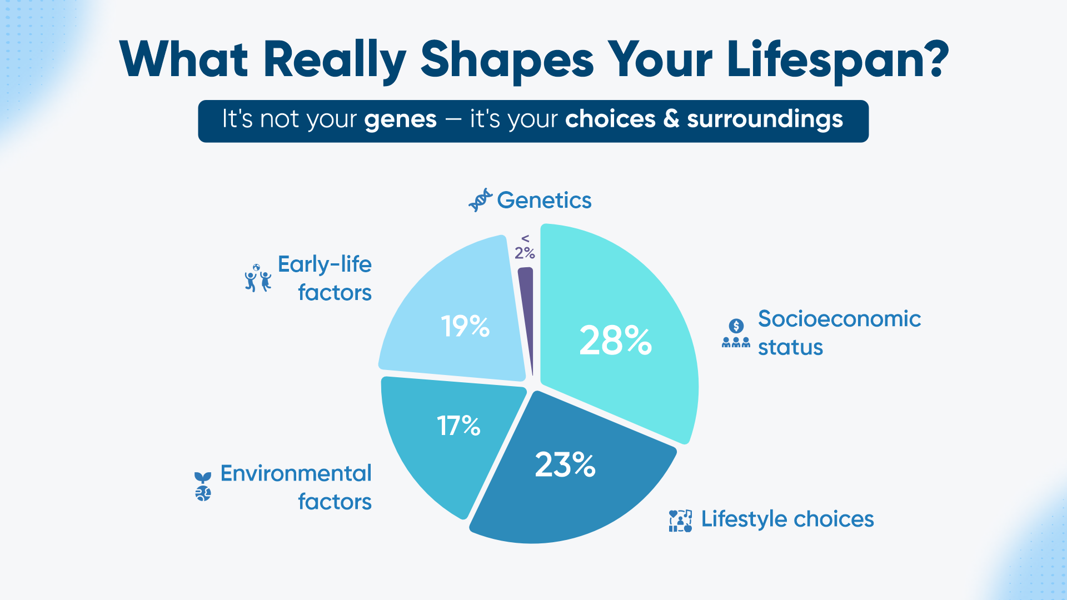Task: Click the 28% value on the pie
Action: [615, 340]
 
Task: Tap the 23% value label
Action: [565, 464]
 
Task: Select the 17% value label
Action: [458, 426]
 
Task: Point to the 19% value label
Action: [465, 326]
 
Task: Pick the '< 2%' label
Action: [525, 247]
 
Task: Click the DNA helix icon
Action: [480, 200]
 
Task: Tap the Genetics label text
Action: [544, 200]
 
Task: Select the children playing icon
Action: [258, 278]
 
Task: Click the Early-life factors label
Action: [325, 278]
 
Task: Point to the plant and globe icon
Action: [203, 487]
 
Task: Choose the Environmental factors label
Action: [296, 487]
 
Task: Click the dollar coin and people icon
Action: [736, 333]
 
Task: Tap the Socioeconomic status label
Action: [839, 333]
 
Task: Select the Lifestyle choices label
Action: [787, 519]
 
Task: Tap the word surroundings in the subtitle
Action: [765, 119]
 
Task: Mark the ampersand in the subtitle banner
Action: [671, 119]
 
